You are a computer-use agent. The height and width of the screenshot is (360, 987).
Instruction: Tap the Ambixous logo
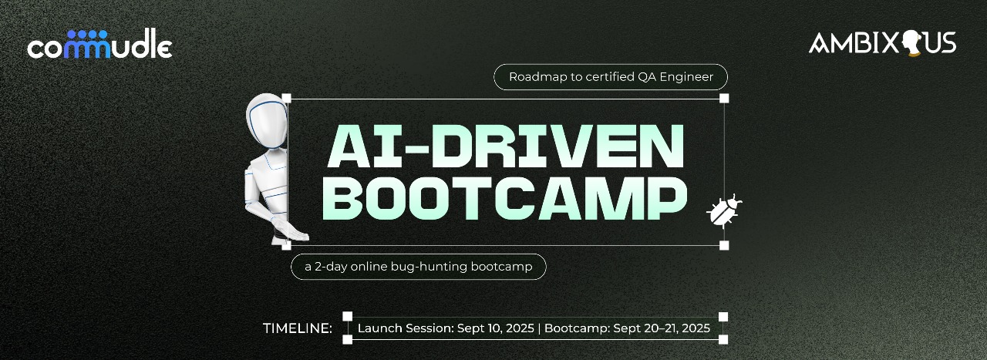click(x=882, y=42)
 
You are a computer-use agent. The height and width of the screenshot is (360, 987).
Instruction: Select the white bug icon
click(x=724, y=210)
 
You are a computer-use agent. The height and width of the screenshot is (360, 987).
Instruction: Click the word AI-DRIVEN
click(x=505, y=146)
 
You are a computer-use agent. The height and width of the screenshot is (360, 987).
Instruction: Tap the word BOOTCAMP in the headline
click(x=505, y=198)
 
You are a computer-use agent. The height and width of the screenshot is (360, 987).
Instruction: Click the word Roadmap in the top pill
click(x=534, y=77)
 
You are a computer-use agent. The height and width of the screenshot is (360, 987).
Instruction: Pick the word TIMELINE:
click(x=298, y=328)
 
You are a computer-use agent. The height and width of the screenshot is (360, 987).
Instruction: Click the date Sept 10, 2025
click(x=495, y=328)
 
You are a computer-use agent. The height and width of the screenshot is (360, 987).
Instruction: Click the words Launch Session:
click(x=405, y=328)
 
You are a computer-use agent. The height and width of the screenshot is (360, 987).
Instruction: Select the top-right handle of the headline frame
click(x=724, y=98)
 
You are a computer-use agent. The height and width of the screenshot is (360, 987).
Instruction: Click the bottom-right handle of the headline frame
click(x=724, y=245)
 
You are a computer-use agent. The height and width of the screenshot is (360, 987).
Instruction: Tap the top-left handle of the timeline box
click(x=347, y=316)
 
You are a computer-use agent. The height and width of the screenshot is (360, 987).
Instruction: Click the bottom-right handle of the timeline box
click(x=723, y=339)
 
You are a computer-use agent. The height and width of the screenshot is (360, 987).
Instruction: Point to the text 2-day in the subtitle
click(x=329, y=267)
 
